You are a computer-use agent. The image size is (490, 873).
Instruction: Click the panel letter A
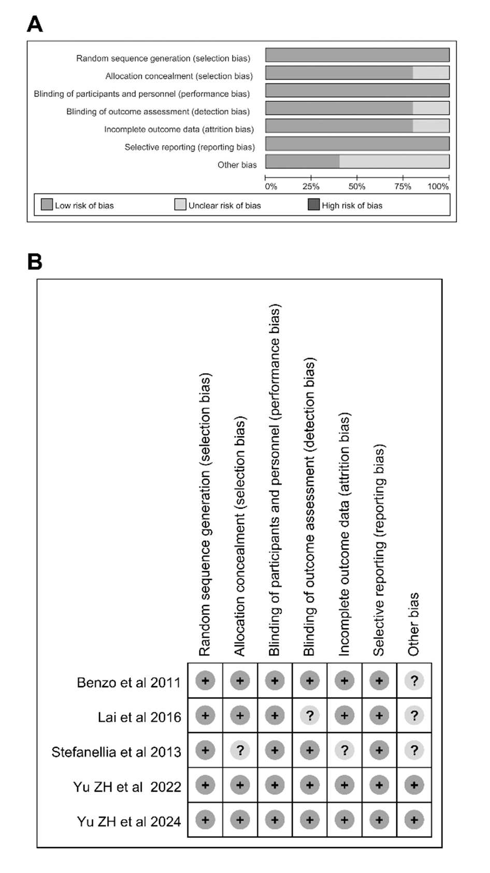click(35, 24)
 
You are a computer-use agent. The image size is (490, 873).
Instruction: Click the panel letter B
click(35, 262)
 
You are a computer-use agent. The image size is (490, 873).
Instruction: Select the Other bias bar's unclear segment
click(394, 161)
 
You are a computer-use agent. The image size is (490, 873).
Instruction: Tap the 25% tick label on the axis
click(311, 186)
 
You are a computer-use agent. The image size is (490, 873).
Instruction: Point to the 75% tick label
click(402, 186)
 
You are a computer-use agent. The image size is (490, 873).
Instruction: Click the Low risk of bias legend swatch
click(47, 204)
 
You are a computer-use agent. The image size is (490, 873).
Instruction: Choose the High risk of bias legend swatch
click(313, 204)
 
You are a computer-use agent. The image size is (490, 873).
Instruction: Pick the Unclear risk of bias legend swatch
click(180, 204)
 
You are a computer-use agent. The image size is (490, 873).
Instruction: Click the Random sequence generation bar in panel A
click(357, 55)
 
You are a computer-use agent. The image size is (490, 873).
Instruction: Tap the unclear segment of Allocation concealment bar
click(431, 73)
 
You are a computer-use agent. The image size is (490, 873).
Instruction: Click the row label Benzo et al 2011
click(128, 683)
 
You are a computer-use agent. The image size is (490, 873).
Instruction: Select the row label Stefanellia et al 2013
click(116, 752)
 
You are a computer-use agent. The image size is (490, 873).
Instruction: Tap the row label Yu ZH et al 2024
click(129, 821)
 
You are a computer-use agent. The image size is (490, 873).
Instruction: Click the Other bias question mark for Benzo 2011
click(414, 681)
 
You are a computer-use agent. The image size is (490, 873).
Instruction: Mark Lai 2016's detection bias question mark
click(310, 716)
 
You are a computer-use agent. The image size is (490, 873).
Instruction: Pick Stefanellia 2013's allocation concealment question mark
click(240, 750)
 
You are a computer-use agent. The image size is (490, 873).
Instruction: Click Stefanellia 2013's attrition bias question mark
click(344, 750)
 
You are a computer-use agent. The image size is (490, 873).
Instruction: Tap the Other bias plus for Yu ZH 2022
click(414, 785)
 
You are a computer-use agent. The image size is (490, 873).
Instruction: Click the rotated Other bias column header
click(413, 624)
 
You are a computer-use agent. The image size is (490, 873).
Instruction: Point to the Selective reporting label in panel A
click(190, 147)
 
